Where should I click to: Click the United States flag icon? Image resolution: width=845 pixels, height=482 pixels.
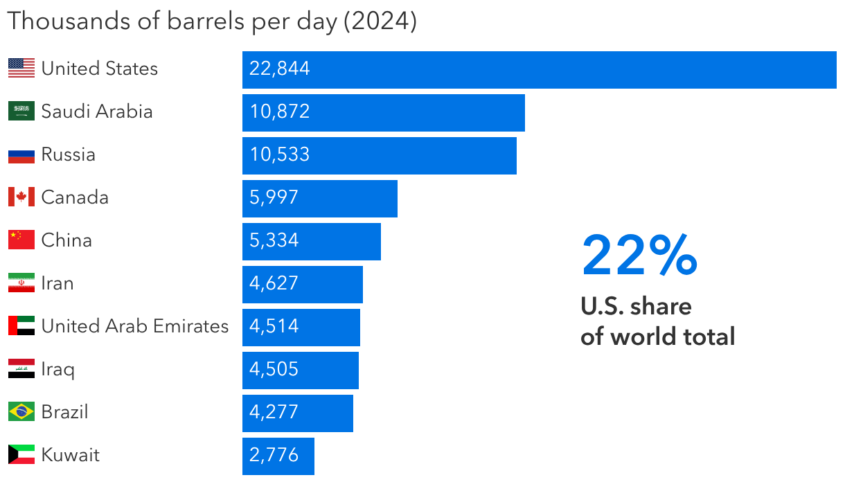coord(21,68)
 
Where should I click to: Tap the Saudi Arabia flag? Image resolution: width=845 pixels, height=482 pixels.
coord(21,111)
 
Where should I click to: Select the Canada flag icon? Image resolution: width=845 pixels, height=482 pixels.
coord(21,197)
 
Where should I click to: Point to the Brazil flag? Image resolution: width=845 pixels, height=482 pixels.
coord(21,411)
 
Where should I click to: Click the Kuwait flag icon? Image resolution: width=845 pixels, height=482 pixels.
coord(21,454)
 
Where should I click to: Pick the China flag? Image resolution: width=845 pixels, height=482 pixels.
coord(21,240)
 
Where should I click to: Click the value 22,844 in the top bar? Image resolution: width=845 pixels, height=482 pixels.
coord(280,69)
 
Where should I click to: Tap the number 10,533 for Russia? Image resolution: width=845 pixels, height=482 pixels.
coord(280,154)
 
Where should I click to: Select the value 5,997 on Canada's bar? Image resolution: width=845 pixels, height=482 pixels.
coord(274,197)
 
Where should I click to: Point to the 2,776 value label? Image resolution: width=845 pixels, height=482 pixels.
coord(274,455)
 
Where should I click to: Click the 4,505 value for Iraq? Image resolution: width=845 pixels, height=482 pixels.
coord(274,369)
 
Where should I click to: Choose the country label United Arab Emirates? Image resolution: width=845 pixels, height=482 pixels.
coord(135,325)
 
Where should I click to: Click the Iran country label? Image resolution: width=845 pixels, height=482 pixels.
coord(57,283)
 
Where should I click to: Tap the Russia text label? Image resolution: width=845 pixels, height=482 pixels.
coord(69,154)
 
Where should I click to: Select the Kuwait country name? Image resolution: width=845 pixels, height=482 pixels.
coord(71,454)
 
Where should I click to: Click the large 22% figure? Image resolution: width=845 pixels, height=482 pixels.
coord(639,256)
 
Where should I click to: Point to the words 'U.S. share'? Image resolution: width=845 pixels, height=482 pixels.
coord(636,305)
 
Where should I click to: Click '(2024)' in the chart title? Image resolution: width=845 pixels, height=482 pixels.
coord(380,21)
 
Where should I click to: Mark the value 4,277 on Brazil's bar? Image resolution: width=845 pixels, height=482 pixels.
coord(274,412)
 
